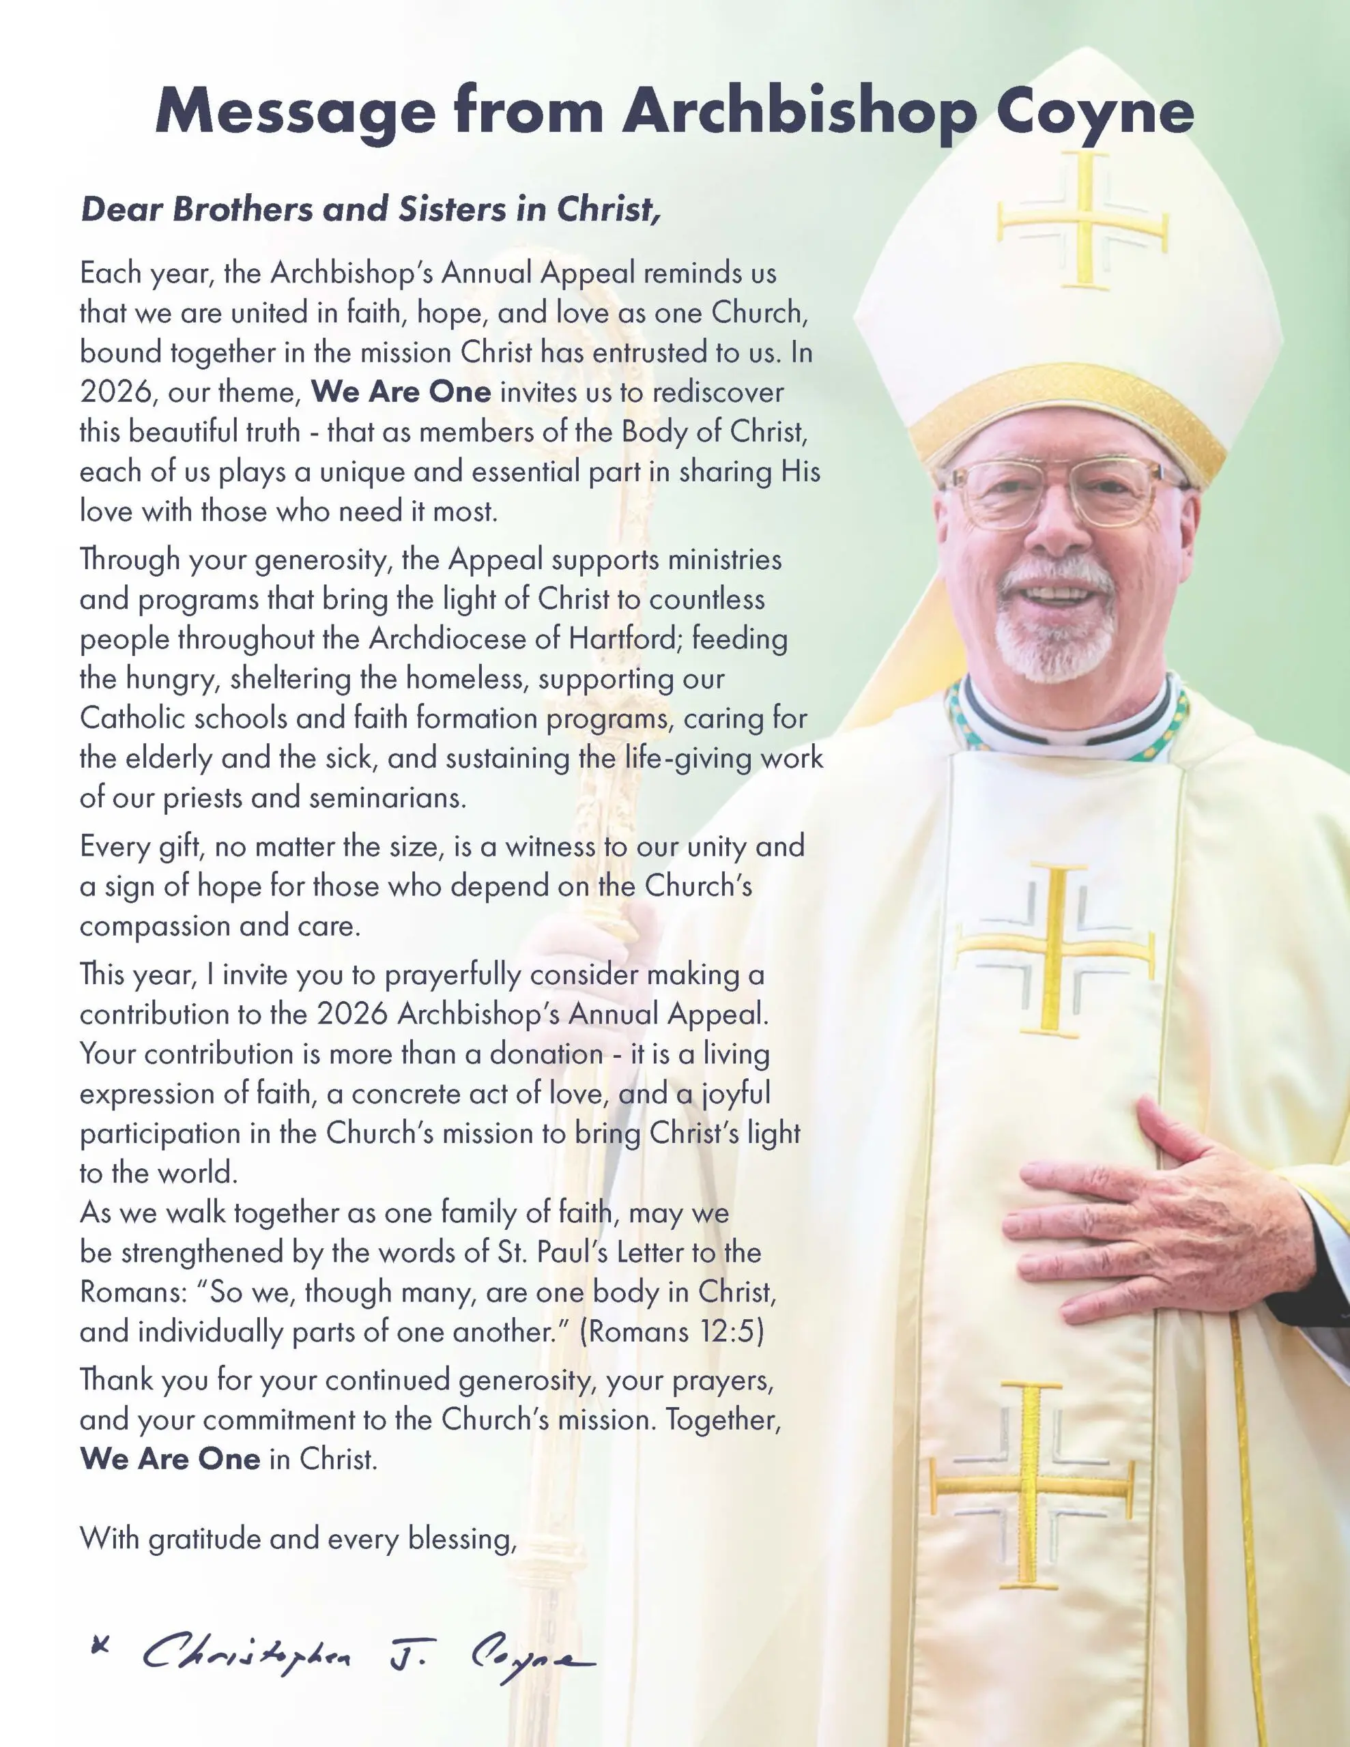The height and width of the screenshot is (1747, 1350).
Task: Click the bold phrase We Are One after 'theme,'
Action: click(401, 392)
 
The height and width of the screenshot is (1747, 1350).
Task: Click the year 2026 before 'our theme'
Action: click(116, 392)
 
